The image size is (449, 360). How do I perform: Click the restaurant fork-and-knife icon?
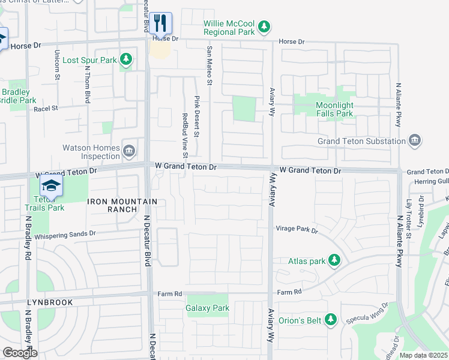click(160, 23)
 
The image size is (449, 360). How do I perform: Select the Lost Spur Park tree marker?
click(125, 59)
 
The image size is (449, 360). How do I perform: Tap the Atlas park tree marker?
click(334, 260)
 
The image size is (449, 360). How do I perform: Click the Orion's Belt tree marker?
click(330, 318)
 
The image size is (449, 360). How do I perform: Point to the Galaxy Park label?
click(208, 308)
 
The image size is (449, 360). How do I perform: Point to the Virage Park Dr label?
click(297, 229)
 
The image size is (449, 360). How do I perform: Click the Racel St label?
click(46, 109)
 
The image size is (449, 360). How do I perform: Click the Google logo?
click(20, 352)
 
